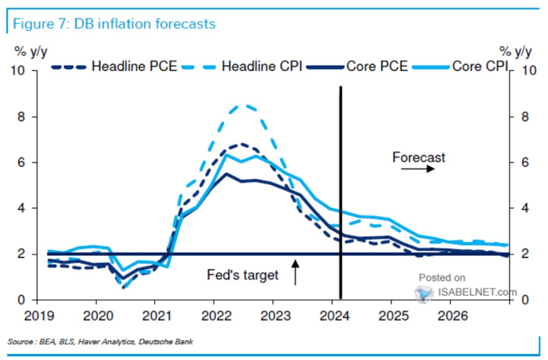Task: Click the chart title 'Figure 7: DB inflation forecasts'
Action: pos(114,24)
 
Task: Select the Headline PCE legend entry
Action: pos(115,67)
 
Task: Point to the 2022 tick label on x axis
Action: pos(213,317)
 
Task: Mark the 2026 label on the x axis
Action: pos(449,317)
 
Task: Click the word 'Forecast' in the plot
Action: pos(418,157)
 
